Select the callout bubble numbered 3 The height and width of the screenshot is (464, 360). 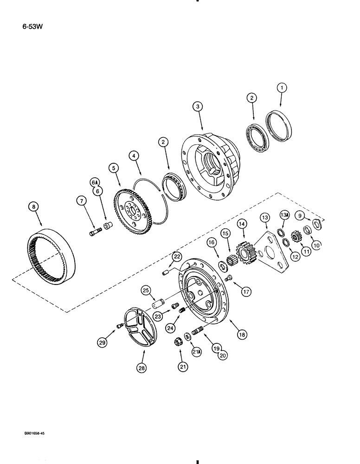[198, 107]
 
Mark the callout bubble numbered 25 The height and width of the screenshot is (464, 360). [145, 290]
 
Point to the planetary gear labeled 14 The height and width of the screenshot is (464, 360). [246, 255]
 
